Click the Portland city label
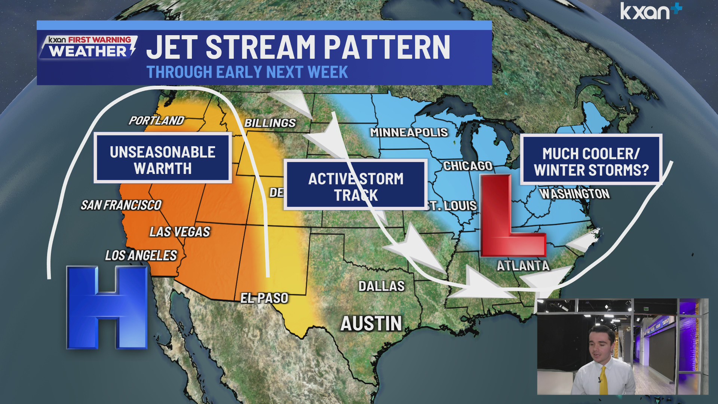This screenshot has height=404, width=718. pyautogui.click(x=156, y=120)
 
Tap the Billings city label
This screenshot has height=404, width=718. pyautogui.click(x=270, y=123)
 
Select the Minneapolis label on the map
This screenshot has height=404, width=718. pyautogui.click(x=409, y=132)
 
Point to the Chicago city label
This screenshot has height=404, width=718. pyautogui.click(x=467, y=166)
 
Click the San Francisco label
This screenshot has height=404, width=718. pyautogui.click(x=121, y=205)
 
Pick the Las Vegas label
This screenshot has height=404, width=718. pyautogui.click(x=180, y=232)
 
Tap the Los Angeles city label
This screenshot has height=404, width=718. pyautogui.click(x=141, y=255)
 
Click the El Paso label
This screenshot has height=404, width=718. pyautogui.click(x=264, y=298)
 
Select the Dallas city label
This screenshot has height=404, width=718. pyautogui.click(x=381, y=286)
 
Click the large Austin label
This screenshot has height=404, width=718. pyautogui.click(x=371, y=324)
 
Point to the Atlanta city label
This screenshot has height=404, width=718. pyautogui.click(x=523, y=266)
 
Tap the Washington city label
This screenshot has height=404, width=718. pyautogui.click(x=575, y=194)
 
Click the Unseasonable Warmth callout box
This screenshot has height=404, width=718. pyautogui.click(x=163, y=158)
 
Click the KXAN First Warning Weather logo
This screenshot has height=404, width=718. pyautogui.click(x=89, y=47)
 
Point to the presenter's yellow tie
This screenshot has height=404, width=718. pyautogui.click(x=603, y=380)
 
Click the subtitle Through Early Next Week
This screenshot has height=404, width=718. pyautogui.click(x=247, y=72)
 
